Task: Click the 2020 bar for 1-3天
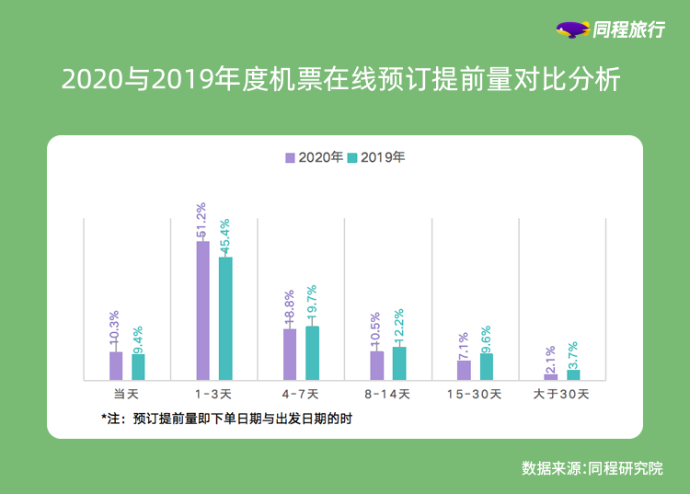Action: pyautogui.click(x=202, y=311)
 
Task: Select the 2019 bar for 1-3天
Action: pyautogui.click(x=225, y=318)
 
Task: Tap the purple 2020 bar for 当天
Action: pyautogui.click(x=116, y=365)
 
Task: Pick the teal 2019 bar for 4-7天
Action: pyautogui.click(x=313, y=352)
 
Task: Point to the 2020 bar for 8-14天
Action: pyautogui.click(x=377, y=364)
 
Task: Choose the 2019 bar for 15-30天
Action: pyautogui.click(x=487, y=366)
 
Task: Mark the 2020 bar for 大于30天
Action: pyautogui.click(x=551, y=376)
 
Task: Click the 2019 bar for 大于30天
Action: pyautogui.click(x=573, y=374)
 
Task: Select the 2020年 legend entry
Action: pyautogui.click(x=314, y=157)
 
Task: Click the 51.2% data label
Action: pyautogui.click(x=201, y=222)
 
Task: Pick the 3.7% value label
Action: pyautogui.click(x=573, y=355)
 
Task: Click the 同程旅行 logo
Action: pyautogui.click(x=612, y=29)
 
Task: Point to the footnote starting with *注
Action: pyautogui.click(x=227, y=419)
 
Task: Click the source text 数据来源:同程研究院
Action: pyautogui.click(x=592, y=467)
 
